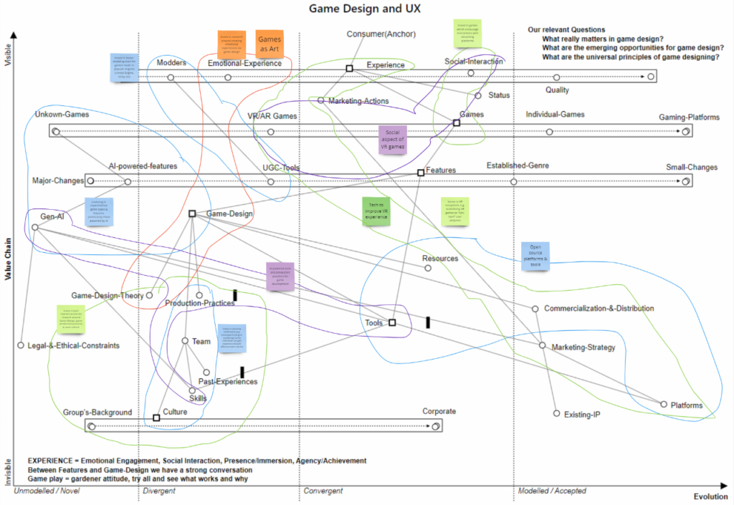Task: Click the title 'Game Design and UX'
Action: (364, 9)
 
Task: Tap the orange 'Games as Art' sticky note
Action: (270, 44)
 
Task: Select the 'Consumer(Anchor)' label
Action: (381, 34)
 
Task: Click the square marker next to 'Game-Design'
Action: (192, 213)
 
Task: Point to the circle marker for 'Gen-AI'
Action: (35, 227)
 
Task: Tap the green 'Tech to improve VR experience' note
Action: (376, 212)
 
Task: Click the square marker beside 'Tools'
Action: (392, 323)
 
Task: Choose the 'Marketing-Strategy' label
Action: (583, 348)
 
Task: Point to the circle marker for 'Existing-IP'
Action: (557, 413)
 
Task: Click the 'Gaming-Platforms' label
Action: (689, 117)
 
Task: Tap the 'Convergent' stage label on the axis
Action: (323, 491)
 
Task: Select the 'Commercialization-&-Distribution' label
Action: (599, 309)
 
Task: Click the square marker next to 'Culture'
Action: (156, 418)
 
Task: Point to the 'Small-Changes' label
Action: (691, 168)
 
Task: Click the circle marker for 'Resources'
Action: (428, 268)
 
